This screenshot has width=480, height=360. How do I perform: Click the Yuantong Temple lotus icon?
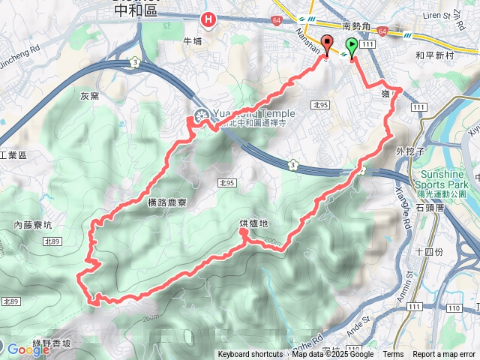200,115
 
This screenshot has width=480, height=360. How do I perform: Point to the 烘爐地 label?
253,223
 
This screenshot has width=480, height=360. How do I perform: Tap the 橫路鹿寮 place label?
162,202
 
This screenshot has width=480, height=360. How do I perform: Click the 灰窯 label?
89,96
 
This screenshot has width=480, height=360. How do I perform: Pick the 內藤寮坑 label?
32,224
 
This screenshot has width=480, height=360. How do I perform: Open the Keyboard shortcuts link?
250,355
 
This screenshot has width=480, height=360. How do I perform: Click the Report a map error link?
444,355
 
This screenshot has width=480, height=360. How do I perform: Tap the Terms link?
393,355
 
